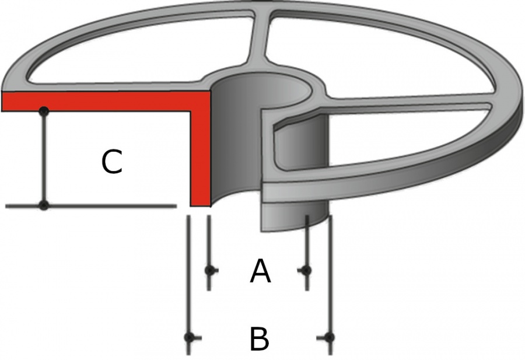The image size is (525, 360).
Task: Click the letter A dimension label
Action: [260, 271]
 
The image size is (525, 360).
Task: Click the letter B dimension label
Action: [260, 339]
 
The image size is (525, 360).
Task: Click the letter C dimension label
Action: [111, 162]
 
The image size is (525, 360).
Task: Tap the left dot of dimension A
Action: [209, 270]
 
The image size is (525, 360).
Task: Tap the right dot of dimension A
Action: [306, 270]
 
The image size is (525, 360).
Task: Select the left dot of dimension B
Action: [189, 337]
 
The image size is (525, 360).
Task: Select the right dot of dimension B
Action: [330, 337]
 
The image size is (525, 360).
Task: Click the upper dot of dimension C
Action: [44, 111]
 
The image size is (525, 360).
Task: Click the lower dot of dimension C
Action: [44, 205]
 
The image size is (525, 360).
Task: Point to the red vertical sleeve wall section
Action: [201, 158]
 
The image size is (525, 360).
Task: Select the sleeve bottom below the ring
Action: [295, 216]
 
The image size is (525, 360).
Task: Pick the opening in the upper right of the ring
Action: [379, 54]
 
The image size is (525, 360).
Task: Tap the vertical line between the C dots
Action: [44, 158]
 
